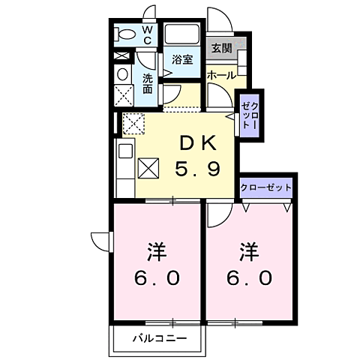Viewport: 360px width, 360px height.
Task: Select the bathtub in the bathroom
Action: click(182, 34)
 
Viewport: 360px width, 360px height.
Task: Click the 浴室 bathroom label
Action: click(182, 58)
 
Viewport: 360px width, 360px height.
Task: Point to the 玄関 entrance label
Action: click(221, 49)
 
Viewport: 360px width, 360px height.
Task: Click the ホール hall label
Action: click(222, 76)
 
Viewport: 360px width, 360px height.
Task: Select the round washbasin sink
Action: click(121, 74)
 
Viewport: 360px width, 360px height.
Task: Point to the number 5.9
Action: click(198, 170)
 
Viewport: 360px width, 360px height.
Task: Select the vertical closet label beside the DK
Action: click(249, 115)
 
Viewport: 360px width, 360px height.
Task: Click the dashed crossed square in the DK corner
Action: click(133, 122)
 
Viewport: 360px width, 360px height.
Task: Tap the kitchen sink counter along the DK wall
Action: click(124, 161)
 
